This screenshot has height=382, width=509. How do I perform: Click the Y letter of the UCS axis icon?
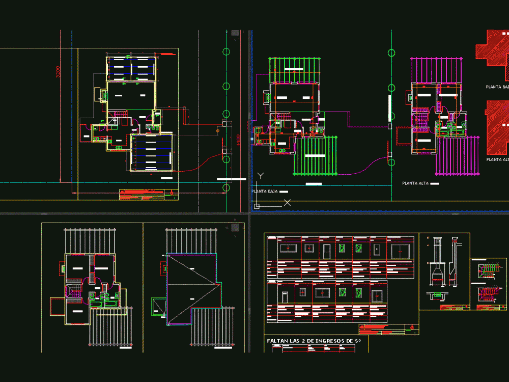pyautogui.click(x=260, y=176)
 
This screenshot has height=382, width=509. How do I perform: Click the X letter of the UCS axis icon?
pyautogui.click(x=287, y=203)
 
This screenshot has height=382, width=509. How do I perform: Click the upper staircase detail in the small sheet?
pyautogui.click(x=488, y=270)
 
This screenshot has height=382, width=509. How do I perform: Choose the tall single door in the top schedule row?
pyautogui.click(x=326, y=250)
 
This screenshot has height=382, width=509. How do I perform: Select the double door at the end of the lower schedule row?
pyautogui.click(x=377, y=296)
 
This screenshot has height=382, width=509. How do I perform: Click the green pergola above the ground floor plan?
pyautogui.click(x=295, y=69)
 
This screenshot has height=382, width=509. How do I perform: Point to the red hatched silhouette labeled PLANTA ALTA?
pyautogui.click(x=497, y=127)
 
